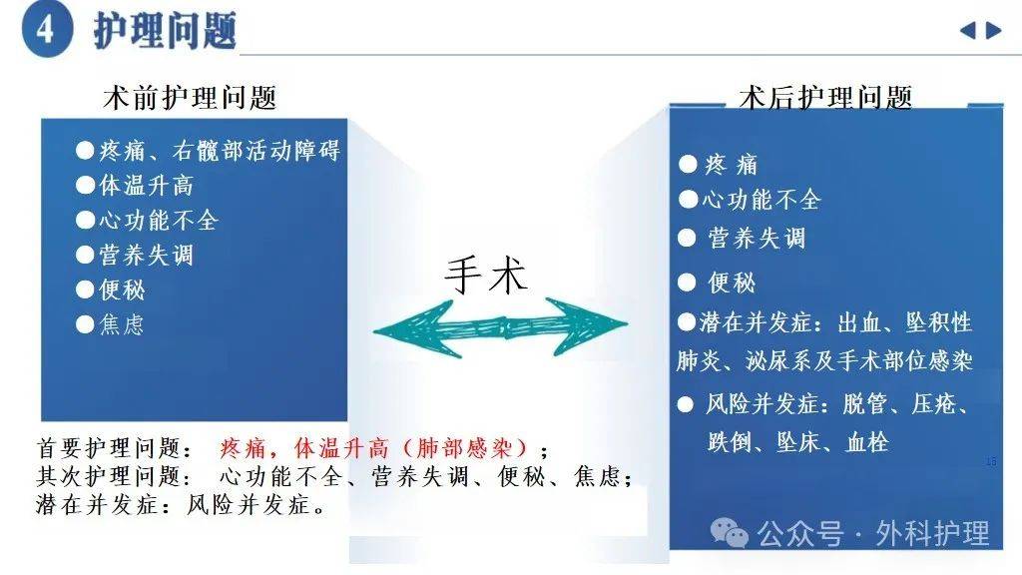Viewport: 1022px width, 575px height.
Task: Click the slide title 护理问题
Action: [x=165, y=30]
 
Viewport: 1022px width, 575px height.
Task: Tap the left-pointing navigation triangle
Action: [x=967, y=30]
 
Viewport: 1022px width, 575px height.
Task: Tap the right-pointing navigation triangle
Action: [x=993, y=30]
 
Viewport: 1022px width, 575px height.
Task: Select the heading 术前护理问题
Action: [x=190, y=97]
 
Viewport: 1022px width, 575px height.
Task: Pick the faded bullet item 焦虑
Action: [x=122, y=324]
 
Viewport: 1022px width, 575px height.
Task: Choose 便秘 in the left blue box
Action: [x=122, y=290]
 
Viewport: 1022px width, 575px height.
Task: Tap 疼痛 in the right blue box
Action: [x=732, y=165]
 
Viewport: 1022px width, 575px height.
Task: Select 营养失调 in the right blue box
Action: [x=756, y=239]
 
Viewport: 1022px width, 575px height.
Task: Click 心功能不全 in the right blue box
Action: [x=761, y=200]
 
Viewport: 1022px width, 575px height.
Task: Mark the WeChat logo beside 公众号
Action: [x=736, y=534]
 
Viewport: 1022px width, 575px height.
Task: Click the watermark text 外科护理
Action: [x=932, y=534]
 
